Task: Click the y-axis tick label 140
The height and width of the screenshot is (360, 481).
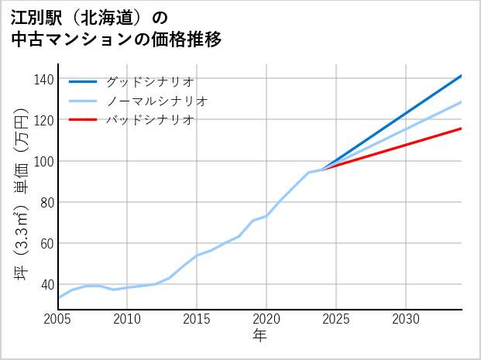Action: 44,80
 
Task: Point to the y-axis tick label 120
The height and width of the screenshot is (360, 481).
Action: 44,121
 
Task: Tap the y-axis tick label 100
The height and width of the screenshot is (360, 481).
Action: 44,162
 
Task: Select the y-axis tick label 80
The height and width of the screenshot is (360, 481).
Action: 47,203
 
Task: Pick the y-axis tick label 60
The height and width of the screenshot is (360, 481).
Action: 47,244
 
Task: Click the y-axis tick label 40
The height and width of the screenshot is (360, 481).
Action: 47,285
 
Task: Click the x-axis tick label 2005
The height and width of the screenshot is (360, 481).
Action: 57,319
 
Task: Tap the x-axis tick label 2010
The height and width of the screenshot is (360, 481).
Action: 127,319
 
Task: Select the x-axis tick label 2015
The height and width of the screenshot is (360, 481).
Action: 197,319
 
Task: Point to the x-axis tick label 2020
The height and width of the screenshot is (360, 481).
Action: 266,319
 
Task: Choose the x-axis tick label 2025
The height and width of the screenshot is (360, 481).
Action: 336,319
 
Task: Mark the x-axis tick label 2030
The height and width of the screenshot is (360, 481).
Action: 406,319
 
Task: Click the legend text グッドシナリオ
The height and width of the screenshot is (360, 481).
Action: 149,81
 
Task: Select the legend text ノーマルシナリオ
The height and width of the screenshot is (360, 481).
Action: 156,101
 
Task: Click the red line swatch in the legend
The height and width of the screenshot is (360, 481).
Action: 83,120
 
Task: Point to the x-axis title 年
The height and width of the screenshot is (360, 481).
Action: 259,336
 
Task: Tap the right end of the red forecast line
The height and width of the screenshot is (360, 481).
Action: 461,129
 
